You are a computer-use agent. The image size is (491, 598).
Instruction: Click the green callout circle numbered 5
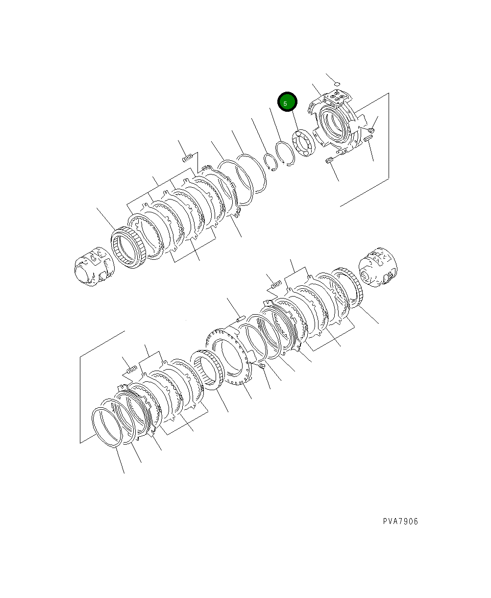click(x=287, y=103)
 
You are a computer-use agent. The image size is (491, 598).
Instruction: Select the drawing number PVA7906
click(x=400, y=522)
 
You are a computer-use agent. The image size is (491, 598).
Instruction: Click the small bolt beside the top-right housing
click(x=372, y=130)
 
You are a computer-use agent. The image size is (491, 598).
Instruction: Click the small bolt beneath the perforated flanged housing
click(x=261, y=366)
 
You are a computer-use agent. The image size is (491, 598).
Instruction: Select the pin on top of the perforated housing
click(x=241, y=319)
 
